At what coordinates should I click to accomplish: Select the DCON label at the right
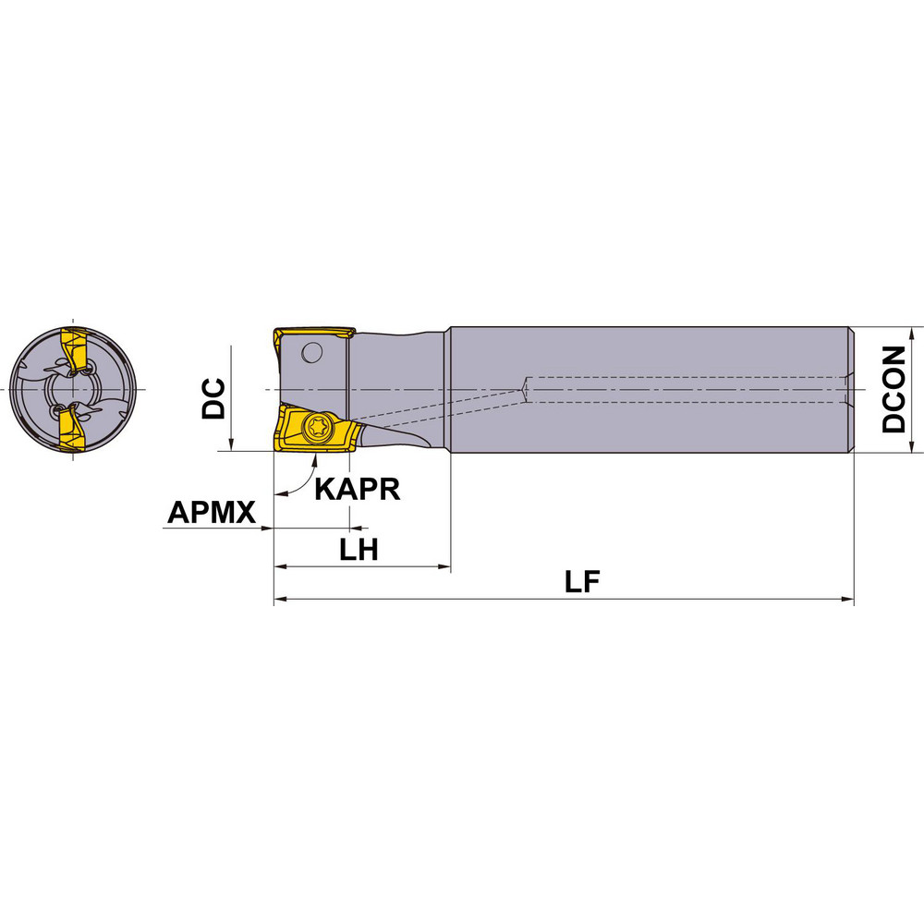pos(894,390)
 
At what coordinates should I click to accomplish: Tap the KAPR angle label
pos(358,489)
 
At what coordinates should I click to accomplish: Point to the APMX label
pos(212,512)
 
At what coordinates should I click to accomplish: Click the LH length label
pos(359,551)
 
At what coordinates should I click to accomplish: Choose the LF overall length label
pos(583,582)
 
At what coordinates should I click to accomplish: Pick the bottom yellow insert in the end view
pos(71,432)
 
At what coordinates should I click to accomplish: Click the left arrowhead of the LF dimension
pos(280,601)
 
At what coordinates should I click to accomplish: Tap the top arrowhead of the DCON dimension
pos(914,334)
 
